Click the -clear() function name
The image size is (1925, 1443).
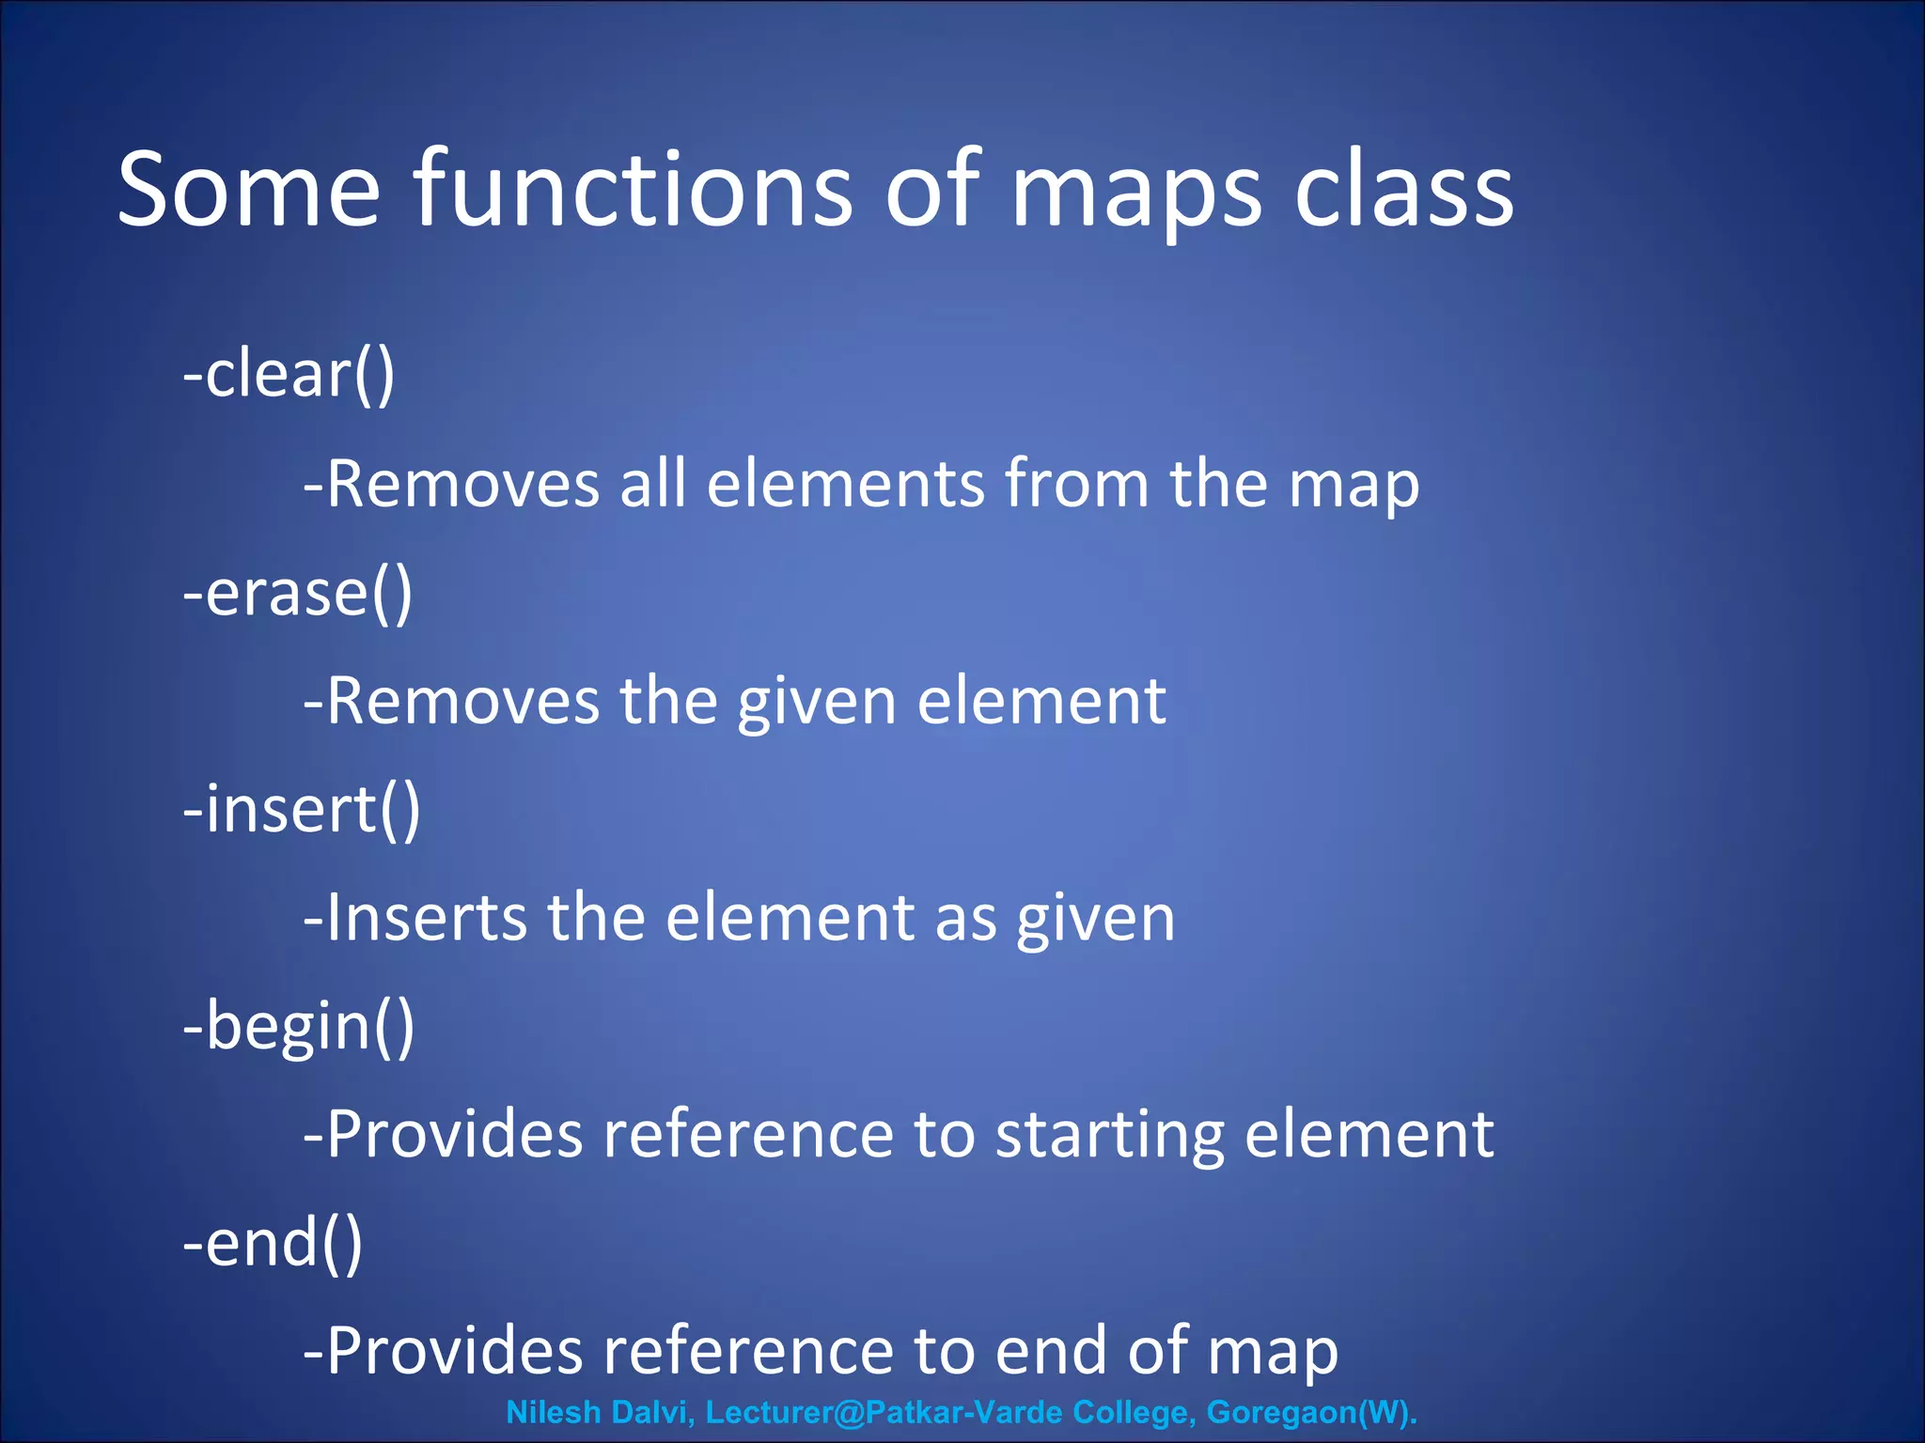(x=289, y=374)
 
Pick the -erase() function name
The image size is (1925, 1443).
(x=297, y=593)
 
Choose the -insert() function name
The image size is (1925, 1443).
(x=301, y=809)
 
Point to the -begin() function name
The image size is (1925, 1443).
(x=298, y=1026)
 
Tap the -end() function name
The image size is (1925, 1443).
(x=273, y=1243)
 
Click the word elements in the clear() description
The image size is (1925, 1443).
(x=845, y=484)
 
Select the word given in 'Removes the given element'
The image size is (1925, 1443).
(x=817, y=702)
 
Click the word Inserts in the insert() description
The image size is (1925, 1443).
(x=426, y=918)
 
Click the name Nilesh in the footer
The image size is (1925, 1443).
(x=554, y=1412)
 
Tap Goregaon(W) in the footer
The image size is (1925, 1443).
(x=1311, y=1412)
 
